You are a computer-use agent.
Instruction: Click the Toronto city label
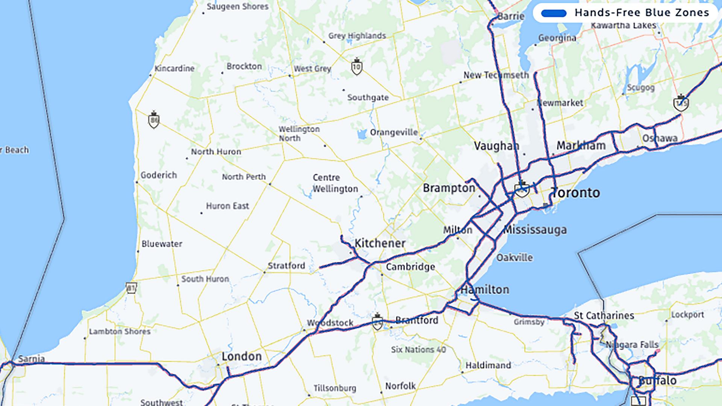pos(576,193)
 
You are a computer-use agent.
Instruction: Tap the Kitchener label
pos(380,243)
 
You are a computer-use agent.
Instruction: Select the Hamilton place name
pos(485,290)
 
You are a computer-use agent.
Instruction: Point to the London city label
pos(241,356)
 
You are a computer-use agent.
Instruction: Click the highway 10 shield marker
pos(356,67)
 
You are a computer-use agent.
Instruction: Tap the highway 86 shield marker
pos(153,120)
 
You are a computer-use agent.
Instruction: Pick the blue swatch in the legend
pos(554,14)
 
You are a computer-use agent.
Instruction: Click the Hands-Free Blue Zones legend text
pos(642,13)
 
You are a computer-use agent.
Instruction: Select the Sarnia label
pos(31,359)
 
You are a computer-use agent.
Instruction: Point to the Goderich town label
pos(159,175)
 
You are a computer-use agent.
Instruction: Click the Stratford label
pos(286,266)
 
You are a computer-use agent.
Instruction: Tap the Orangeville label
pos(394,132)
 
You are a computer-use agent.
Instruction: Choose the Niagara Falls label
pos(632,344)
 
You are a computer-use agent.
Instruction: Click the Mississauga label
pos(535,229)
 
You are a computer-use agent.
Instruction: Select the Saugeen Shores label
pos(238,7)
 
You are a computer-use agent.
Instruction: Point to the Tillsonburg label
pos(335,388)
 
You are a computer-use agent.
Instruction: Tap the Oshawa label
pos(660,138)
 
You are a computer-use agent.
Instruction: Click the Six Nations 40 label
pos(418,350)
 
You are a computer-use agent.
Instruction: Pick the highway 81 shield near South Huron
pos(131,288)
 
